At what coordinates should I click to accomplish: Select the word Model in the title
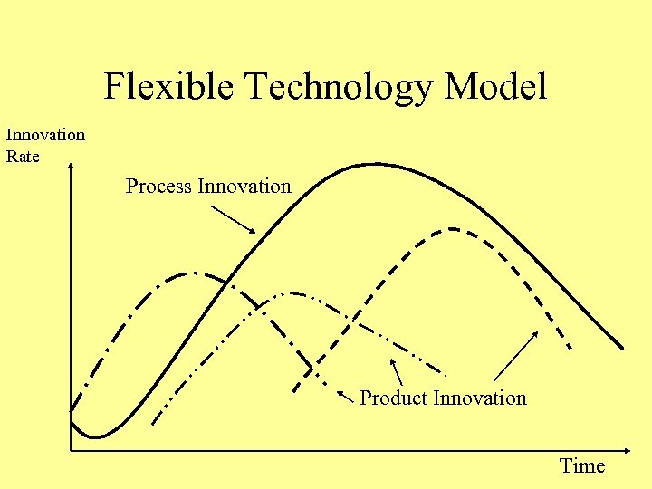(495, 88)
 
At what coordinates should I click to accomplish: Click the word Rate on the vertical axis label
(23, 156)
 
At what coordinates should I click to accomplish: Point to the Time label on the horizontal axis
(582, 466)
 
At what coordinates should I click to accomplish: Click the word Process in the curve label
(158, 187)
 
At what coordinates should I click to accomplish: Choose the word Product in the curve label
(394, 398)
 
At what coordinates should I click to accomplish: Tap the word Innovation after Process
(244, 187)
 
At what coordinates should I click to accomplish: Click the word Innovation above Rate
(45, 135)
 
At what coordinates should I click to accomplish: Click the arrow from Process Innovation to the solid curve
(233, 219)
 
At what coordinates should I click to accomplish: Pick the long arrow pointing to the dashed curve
(517, 355)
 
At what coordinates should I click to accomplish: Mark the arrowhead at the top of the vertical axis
(71, 167)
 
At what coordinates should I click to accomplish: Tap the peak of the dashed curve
(450, 228)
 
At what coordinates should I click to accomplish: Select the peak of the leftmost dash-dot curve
(193, 272)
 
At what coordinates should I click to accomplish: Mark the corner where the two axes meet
(71, 450)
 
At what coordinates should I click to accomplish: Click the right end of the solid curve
(622, 348)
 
